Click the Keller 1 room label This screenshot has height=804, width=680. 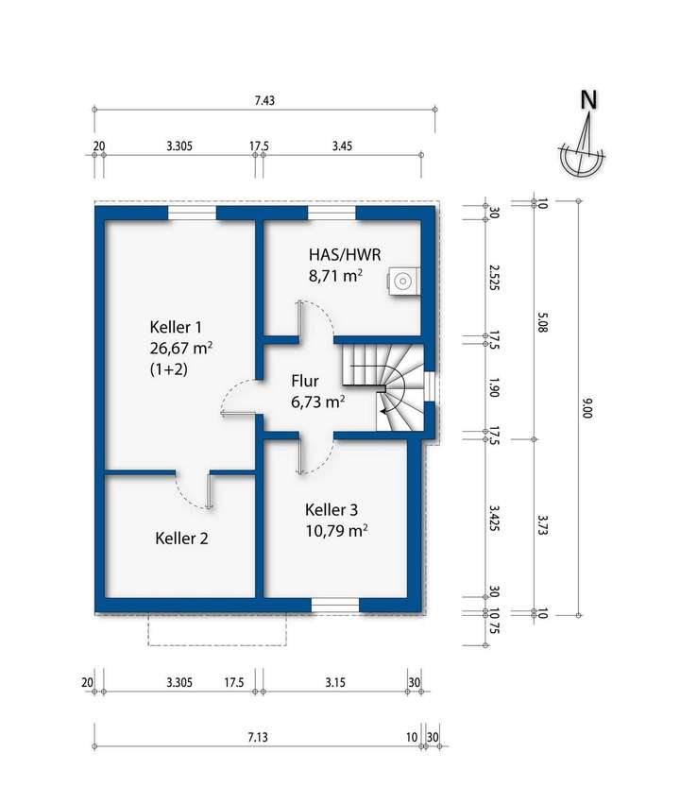coord(176,327)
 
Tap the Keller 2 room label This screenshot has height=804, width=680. coord(181,539)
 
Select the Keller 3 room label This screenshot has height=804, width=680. coord(331,509)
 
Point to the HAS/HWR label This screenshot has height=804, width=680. coord(345,254)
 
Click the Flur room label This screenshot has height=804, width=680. coord(305,381)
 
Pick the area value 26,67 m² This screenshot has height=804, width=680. coord(181,349)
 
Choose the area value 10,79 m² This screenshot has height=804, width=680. coord(336,530)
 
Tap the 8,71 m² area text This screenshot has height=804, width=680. coord(335,275)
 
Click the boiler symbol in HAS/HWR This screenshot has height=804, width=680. coord(402,281)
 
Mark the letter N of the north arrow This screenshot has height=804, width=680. coord(588,100)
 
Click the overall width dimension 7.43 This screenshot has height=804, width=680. coord(264,100)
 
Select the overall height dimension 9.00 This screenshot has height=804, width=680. coord(587,409)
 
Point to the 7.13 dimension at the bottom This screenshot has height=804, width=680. coord(258,737)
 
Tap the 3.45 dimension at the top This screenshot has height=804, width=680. coord(342,146)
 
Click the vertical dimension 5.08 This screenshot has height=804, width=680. coord(543,321)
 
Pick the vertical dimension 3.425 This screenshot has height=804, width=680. coord(494,519)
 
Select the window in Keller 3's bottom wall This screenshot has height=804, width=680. coord(335,605)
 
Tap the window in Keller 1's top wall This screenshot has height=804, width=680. coord(192,213)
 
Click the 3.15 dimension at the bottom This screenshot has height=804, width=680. coord(335,682)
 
